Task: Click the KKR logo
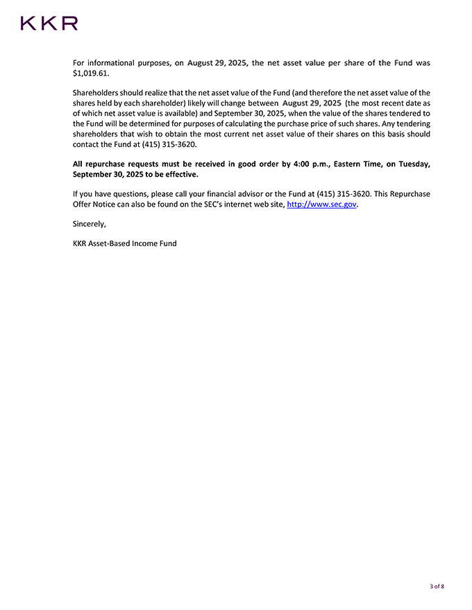coord(49,24)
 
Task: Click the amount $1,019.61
coord(91,73)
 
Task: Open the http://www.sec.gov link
coord(321,204)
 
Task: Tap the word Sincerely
coord(90,224)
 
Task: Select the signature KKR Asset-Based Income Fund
coord(125,243)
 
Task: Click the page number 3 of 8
coord(437,586)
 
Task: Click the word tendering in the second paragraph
coord(410,123)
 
